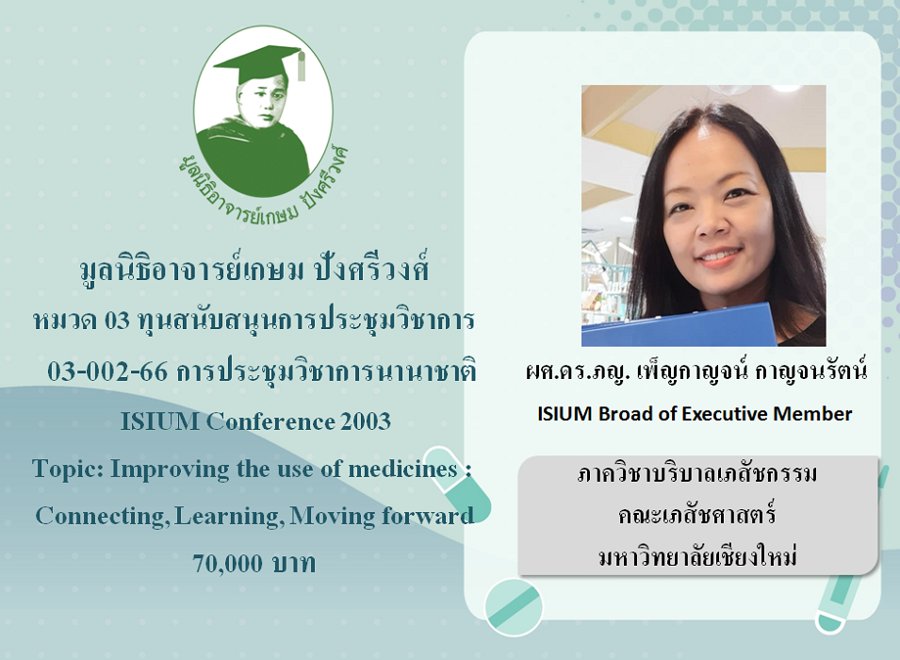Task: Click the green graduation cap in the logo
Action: click(258, 66)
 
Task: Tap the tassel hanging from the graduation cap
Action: click(301, 65)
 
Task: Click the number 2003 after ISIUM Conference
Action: click(366, 421)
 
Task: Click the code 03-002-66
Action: click(107, 372)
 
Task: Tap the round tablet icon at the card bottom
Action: click(513, 606)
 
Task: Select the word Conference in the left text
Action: click(270, 421)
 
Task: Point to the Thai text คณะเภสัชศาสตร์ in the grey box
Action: click(697, 515)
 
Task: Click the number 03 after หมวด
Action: click(117, 321)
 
